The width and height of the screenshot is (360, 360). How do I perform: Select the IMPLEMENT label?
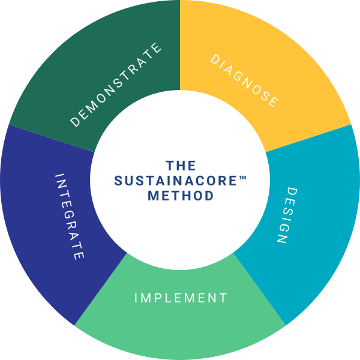(x=181, y=298)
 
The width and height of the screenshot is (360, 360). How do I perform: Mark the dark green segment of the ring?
(x=78, y=66)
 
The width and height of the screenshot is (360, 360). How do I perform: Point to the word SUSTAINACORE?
(x=177, y=180)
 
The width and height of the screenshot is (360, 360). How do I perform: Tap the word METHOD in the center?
(x=181, y=196)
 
